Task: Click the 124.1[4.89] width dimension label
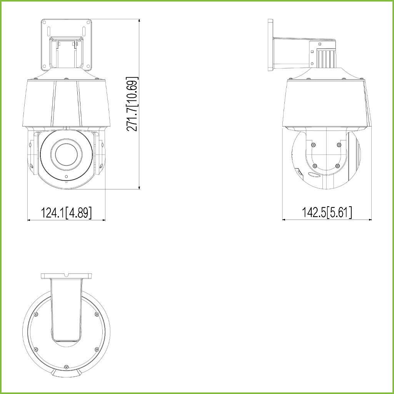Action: click(66, 213)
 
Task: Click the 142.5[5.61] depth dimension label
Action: click(327, 212)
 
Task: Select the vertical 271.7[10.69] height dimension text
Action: click(132, 104)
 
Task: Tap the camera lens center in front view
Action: click(66, 155)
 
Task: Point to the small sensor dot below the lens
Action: click(66, 176)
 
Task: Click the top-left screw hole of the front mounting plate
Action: click(45, 22)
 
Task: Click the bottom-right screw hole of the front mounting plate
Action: click(88, 66)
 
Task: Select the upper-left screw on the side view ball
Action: click(313, 145)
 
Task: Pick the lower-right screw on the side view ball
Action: click(337, 166)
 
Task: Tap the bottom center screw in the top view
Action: click(66, 367)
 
